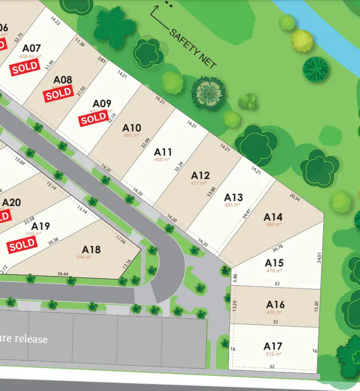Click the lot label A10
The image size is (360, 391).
click(132, 128)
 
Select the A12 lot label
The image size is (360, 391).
click(201, 175)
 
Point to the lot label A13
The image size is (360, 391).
click(234, 197)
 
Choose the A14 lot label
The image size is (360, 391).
click(273, 217)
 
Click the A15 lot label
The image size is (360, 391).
click(274, 263)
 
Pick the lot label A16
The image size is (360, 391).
click(276, 305)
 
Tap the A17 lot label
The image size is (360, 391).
click(273, 346)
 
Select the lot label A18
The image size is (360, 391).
click(91, 249)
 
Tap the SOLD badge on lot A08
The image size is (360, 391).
click(59, 94)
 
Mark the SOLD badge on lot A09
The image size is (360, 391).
click(94, 118)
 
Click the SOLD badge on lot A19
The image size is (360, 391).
click(22, 245)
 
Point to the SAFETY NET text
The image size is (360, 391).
click(193, 48)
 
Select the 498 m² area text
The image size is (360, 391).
click(272, 224)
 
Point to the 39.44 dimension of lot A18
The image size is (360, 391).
click(63, 274)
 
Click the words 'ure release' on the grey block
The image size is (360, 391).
click(24, 339)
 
